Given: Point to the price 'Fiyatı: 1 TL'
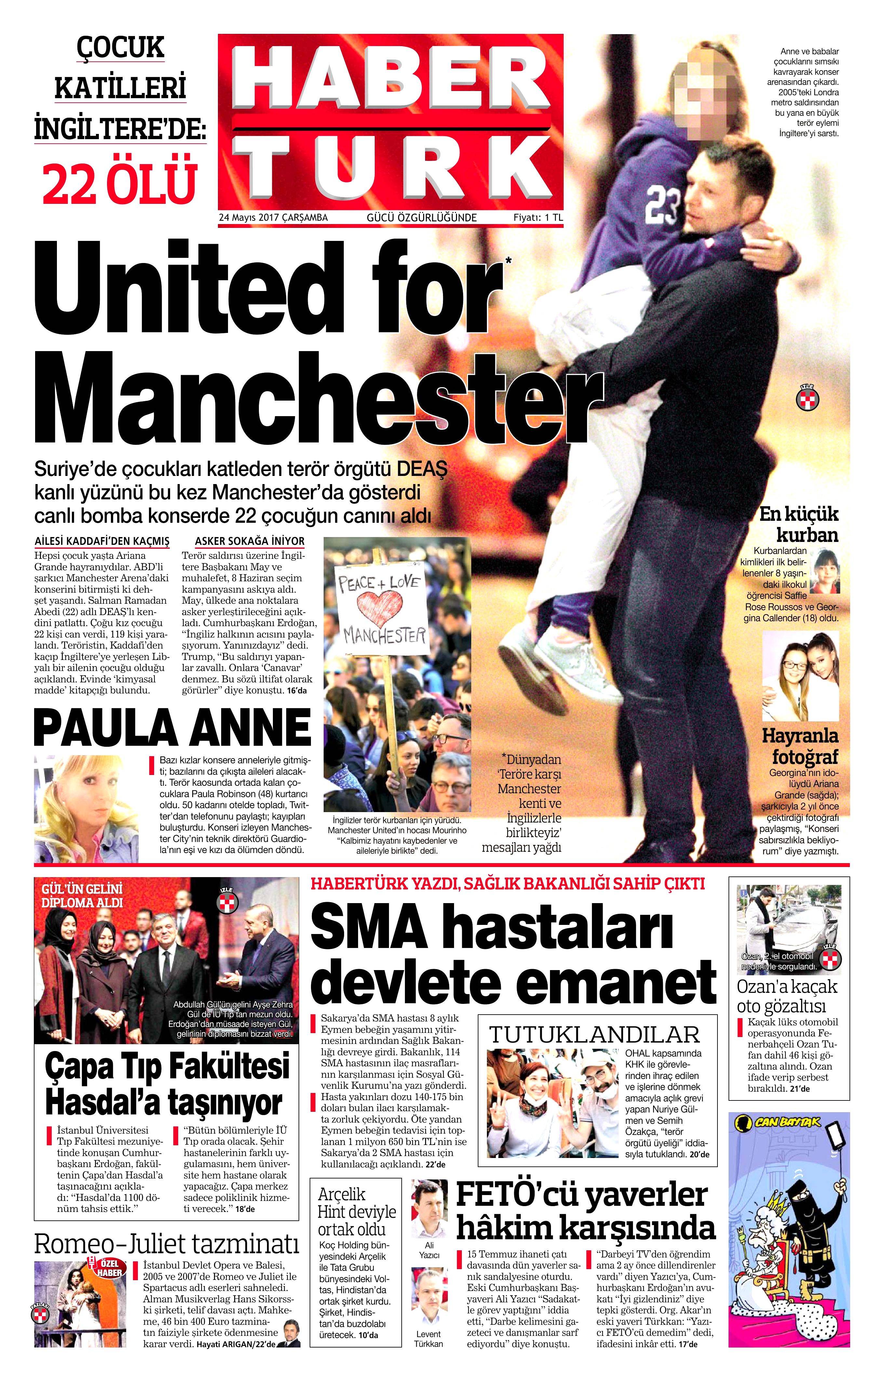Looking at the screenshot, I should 538,218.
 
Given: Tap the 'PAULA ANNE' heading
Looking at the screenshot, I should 172,728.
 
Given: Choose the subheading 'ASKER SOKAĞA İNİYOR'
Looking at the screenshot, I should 250,541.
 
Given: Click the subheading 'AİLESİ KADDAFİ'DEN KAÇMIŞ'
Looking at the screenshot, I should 102,541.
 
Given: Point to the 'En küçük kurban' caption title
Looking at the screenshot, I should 799,524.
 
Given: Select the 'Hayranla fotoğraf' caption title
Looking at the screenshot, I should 800,746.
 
